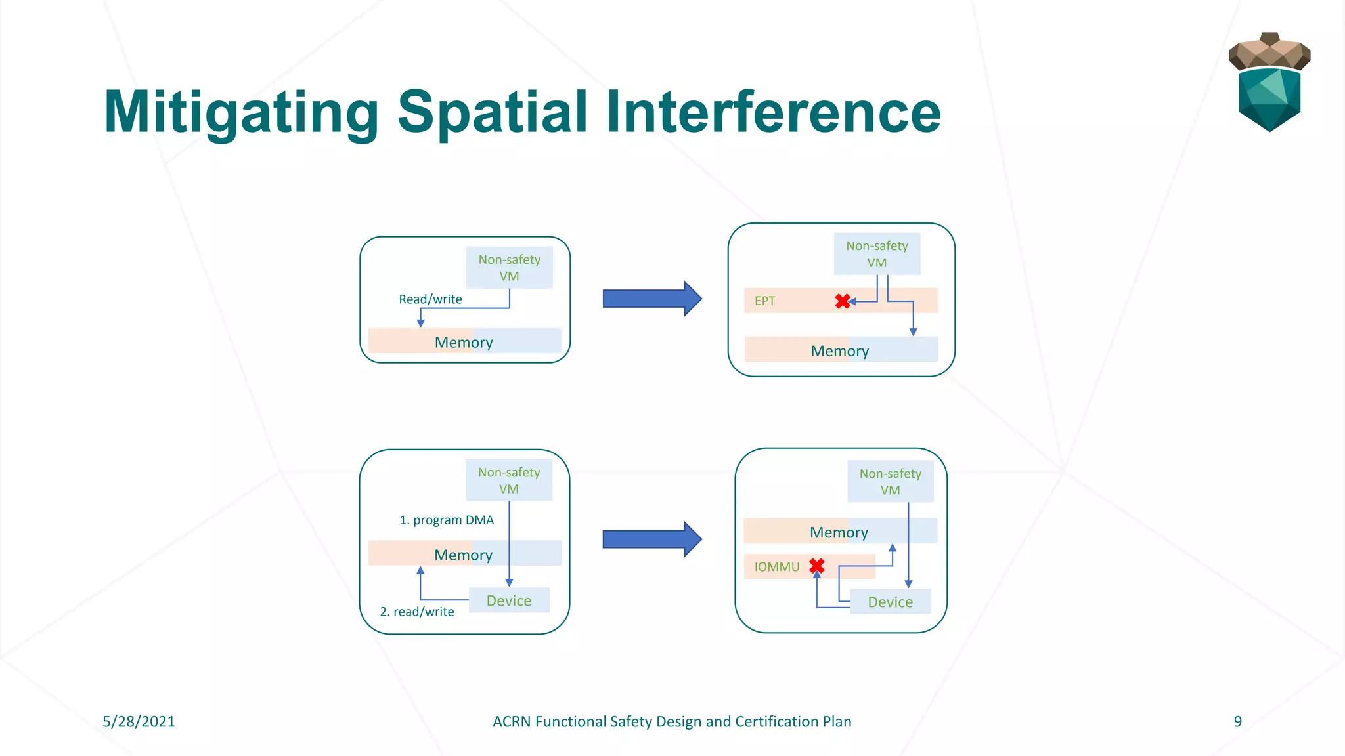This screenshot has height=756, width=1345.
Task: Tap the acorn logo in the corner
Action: click(1269, 82)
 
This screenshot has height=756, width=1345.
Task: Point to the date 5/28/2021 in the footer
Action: click(139, 721)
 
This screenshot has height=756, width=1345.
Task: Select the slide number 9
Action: click(1237, 721)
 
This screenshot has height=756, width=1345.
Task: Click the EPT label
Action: click(764, 301)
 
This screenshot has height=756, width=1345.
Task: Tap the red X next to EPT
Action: click(843, 301)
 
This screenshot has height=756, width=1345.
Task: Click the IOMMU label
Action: click(776, 566)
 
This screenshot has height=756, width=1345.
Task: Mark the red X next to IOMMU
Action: click(817, 566)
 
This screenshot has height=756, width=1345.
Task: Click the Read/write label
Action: click(430, 299)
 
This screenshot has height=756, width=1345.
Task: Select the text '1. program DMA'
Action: click(447, 520)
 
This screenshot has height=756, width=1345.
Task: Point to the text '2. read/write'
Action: click(417, 612)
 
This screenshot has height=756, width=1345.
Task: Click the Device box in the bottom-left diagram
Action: click(509, 600)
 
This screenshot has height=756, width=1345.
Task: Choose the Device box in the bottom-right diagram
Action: click(890, 602)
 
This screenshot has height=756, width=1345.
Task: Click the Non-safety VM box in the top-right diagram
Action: click(877, 254)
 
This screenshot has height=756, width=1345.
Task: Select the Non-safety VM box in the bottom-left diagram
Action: click(509, 480)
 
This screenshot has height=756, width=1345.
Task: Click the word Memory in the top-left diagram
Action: click(464, 342)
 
